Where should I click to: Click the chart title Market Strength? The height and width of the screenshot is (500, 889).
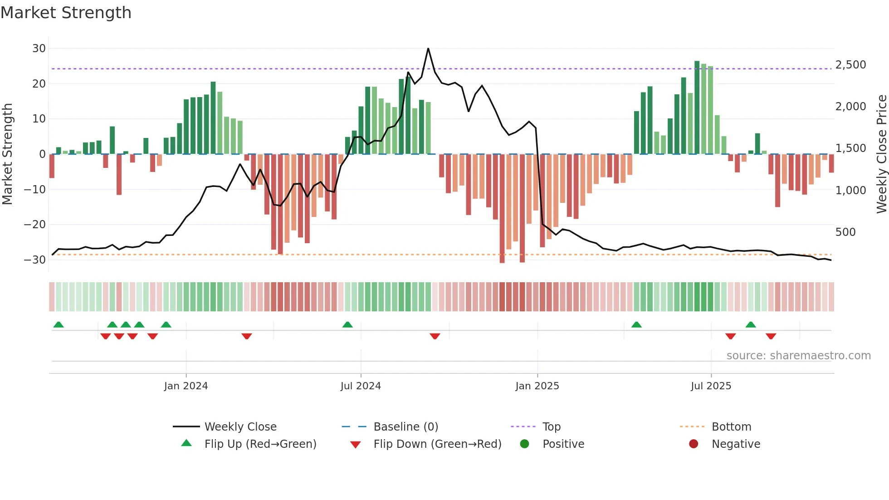[66, 13]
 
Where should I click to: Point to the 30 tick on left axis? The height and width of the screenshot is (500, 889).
[39, 49]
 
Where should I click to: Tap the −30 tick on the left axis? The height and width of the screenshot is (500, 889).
[35, 260]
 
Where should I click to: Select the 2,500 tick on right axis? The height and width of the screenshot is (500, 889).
[850, 65]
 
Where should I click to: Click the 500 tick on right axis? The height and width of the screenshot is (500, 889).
[845, 232]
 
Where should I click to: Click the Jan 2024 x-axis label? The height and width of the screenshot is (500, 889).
[186, 386]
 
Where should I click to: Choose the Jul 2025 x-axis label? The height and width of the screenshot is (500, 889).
[711, 386]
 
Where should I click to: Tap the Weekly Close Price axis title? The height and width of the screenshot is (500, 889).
[881, 154]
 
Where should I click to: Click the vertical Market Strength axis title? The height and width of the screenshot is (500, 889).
[7, 154]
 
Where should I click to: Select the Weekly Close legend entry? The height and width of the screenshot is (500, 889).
[240, 427]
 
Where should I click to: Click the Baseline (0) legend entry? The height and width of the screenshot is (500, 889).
[405, 427]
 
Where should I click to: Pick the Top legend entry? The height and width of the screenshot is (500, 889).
[551, 427]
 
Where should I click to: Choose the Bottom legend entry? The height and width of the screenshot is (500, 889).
[731, 427]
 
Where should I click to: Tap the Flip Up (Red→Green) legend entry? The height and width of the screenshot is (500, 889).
[260, 444]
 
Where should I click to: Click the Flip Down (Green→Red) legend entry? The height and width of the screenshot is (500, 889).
[437, 444]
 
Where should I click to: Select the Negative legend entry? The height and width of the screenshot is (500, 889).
[735, 444]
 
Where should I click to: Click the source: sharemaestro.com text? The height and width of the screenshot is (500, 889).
[798, 356]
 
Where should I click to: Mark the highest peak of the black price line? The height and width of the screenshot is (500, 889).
[428, 49]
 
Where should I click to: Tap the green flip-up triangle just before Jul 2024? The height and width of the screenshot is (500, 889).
[347, 325]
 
